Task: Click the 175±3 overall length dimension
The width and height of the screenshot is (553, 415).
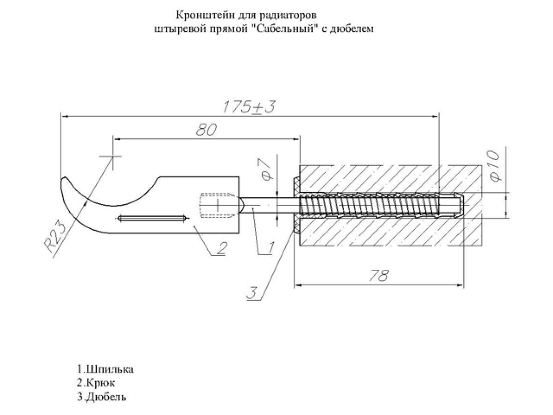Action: [x=249, y=107]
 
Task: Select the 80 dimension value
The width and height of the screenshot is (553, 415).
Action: [x=206, y=130]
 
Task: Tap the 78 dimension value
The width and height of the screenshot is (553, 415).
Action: [x=379, y=275]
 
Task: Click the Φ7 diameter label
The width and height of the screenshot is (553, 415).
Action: [x=266, y=170]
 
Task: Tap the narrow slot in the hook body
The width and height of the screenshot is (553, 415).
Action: [x=151, y=218]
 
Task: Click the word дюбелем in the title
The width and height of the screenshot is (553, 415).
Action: [x=355, y=28]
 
